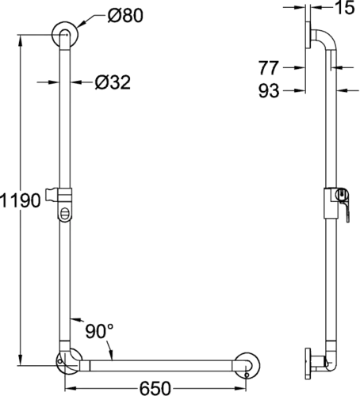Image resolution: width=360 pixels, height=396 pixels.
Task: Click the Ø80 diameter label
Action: point(125,15)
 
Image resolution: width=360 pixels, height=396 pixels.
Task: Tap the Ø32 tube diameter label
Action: point(113,82)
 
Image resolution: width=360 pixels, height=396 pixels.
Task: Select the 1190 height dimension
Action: point(21,200)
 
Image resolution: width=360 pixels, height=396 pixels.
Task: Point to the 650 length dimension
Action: point(155,388)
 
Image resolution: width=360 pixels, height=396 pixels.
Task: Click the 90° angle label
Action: point(99,331)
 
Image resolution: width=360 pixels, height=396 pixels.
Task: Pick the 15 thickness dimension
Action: point(345,7)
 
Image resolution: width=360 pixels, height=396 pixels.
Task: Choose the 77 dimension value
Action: point(269,68)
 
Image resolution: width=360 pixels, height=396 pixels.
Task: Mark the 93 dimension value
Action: point(269,91)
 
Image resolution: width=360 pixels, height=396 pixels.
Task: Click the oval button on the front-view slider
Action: point(64,214)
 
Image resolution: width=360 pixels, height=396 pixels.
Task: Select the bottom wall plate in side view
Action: point(308,364)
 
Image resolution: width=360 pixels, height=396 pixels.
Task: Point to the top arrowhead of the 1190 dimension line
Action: point(21,40)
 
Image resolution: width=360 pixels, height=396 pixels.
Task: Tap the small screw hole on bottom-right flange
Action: point(247,375)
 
